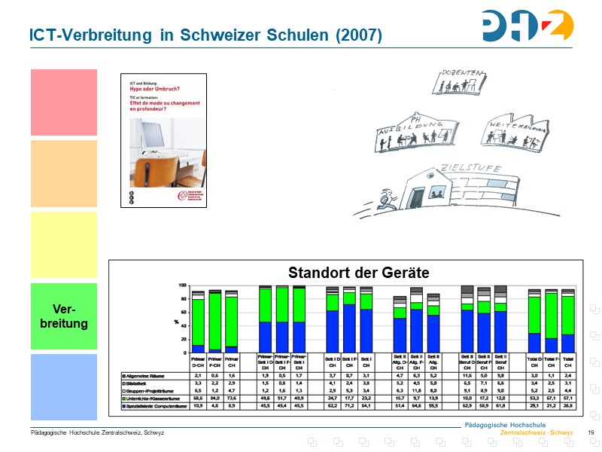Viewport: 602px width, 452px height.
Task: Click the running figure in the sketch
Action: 387,199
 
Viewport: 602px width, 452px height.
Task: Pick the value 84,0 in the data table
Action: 216,399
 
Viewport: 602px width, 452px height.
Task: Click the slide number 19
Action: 591,432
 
